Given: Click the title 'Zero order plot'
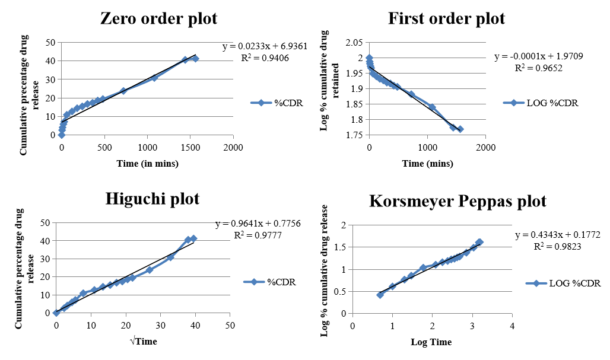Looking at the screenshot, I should (158, 18).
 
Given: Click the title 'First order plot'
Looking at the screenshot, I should (446, 18).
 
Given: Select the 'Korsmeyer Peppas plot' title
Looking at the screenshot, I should (457, 201).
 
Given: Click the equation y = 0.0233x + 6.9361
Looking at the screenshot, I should (265, 46).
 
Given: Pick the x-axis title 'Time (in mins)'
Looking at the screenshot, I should (147, 164).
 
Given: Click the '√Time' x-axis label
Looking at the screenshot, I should (144, 342).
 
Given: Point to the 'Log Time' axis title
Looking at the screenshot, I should (431, 342).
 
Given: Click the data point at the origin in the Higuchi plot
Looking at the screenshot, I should (56, 313).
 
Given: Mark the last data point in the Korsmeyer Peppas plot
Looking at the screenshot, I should (479, 242).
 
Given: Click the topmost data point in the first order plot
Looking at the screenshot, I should (369, 58).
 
